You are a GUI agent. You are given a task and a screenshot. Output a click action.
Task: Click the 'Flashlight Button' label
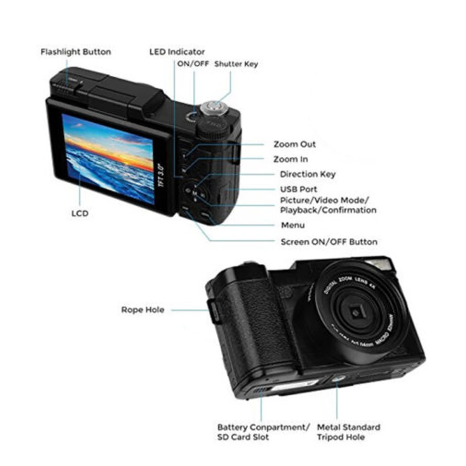coord(76,52)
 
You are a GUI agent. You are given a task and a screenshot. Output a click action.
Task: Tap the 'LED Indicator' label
coord(177,52)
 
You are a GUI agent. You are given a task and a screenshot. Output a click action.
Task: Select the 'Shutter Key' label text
coord(236,64)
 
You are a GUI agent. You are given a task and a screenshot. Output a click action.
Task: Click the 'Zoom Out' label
coord(295,144)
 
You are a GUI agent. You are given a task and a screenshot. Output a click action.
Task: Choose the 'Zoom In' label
coord(290,159)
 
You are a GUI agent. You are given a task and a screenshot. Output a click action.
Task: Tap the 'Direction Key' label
coord(308,174)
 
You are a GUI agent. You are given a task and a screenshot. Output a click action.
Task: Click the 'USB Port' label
coord(299,190)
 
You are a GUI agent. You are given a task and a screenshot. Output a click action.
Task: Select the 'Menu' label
coord(293,225)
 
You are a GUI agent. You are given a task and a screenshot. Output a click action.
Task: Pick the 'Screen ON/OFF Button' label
coord(329,242)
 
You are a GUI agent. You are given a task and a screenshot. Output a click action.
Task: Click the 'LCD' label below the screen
coord(80,213)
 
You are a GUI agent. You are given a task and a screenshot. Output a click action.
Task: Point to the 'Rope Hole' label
coord(143,310)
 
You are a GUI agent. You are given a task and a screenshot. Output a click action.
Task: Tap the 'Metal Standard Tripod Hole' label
coord(348,432)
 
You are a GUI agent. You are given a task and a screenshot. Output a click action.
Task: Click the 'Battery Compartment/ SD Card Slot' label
coord(263,432)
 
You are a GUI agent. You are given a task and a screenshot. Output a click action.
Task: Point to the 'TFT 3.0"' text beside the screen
coord(163,177)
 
